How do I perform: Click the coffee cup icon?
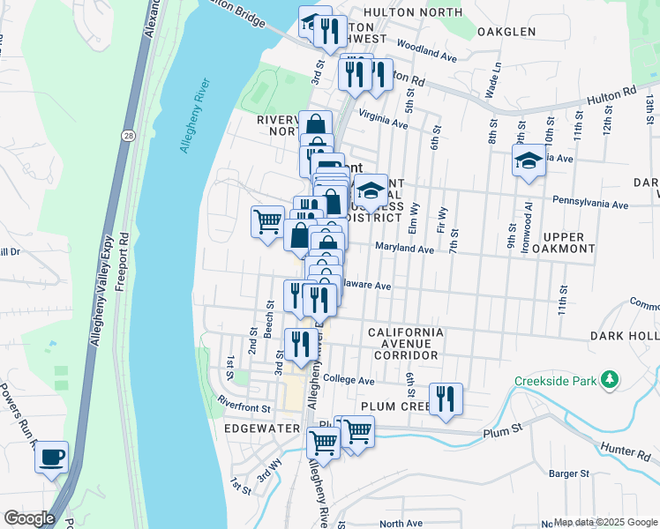[52, 457]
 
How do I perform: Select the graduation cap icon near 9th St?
[529, 161]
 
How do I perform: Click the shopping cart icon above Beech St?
[267, 221]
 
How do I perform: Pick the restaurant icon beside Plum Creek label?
[446, 398]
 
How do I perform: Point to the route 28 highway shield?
[128, 135]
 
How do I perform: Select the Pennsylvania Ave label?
[589, 204]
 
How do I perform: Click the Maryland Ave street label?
[404, 250]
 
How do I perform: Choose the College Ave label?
[349, 381]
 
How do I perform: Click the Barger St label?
[568, 473]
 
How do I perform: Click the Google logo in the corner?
[29, 518]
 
